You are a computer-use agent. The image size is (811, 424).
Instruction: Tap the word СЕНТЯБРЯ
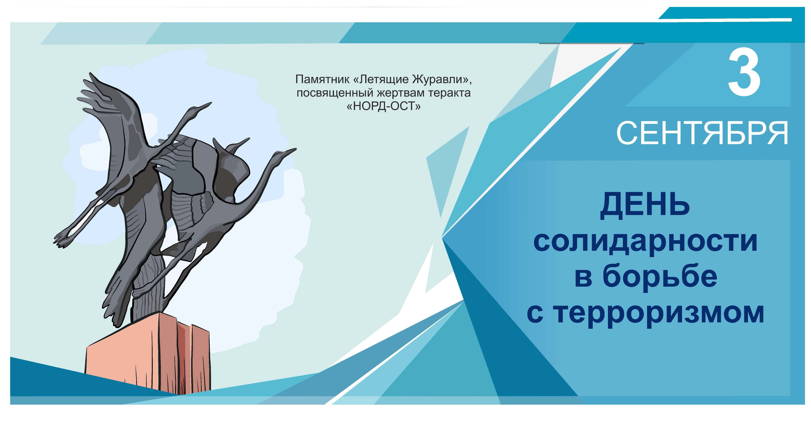click(x=702, y=133)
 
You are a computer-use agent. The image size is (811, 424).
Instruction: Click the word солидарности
click(x=645, y=242)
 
